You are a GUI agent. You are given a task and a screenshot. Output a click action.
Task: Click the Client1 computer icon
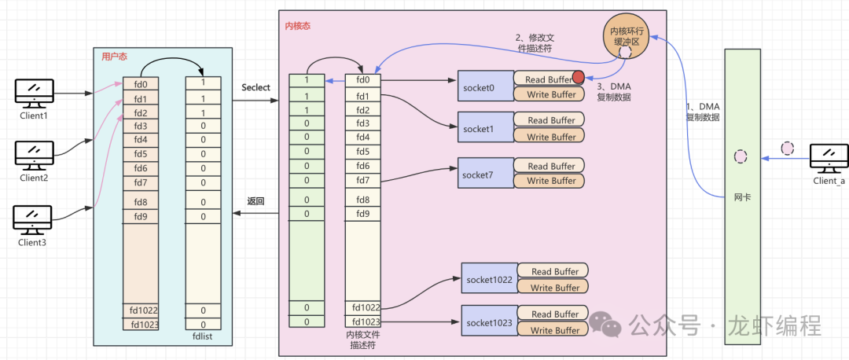34,92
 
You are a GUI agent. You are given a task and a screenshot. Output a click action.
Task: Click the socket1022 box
489,279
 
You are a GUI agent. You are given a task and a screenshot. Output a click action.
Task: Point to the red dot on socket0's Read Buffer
579,78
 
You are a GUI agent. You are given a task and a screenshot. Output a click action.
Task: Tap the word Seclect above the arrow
255,87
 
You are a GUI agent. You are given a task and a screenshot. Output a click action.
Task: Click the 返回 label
255,201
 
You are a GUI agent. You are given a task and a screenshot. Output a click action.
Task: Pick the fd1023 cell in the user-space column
145,324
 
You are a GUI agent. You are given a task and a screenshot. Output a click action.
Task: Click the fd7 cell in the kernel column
362,180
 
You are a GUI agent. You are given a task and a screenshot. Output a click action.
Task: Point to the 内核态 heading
297,26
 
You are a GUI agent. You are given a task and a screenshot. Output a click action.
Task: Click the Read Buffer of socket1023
555,314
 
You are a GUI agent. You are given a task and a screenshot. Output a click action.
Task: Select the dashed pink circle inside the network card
740,156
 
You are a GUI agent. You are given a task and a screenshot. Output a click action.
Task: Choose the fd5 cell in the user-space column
141,154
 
